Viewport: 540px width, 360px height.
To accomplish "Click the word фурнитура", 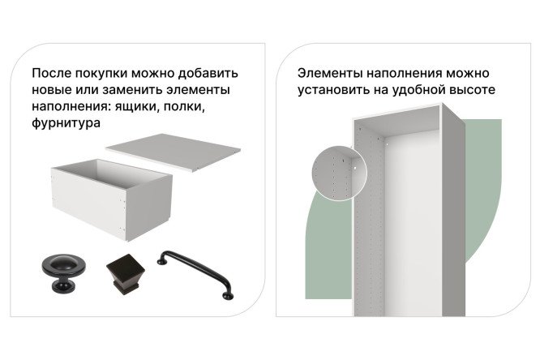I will [67, 124].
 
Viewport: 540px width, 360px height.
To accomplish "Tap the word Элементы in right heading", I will [326, 71].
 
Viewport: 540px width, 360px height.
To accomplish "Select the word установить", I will [328, 89].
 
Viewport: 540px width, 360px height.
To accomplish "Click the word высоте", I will [470, 89].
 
